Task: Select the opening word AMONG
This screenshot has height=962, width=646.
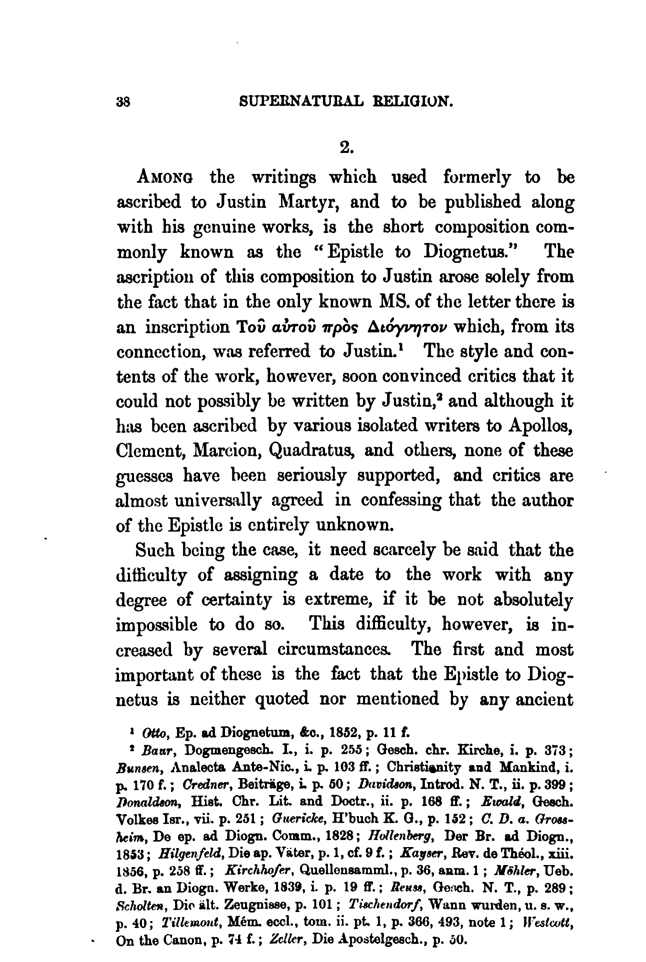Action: point(164,178)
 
